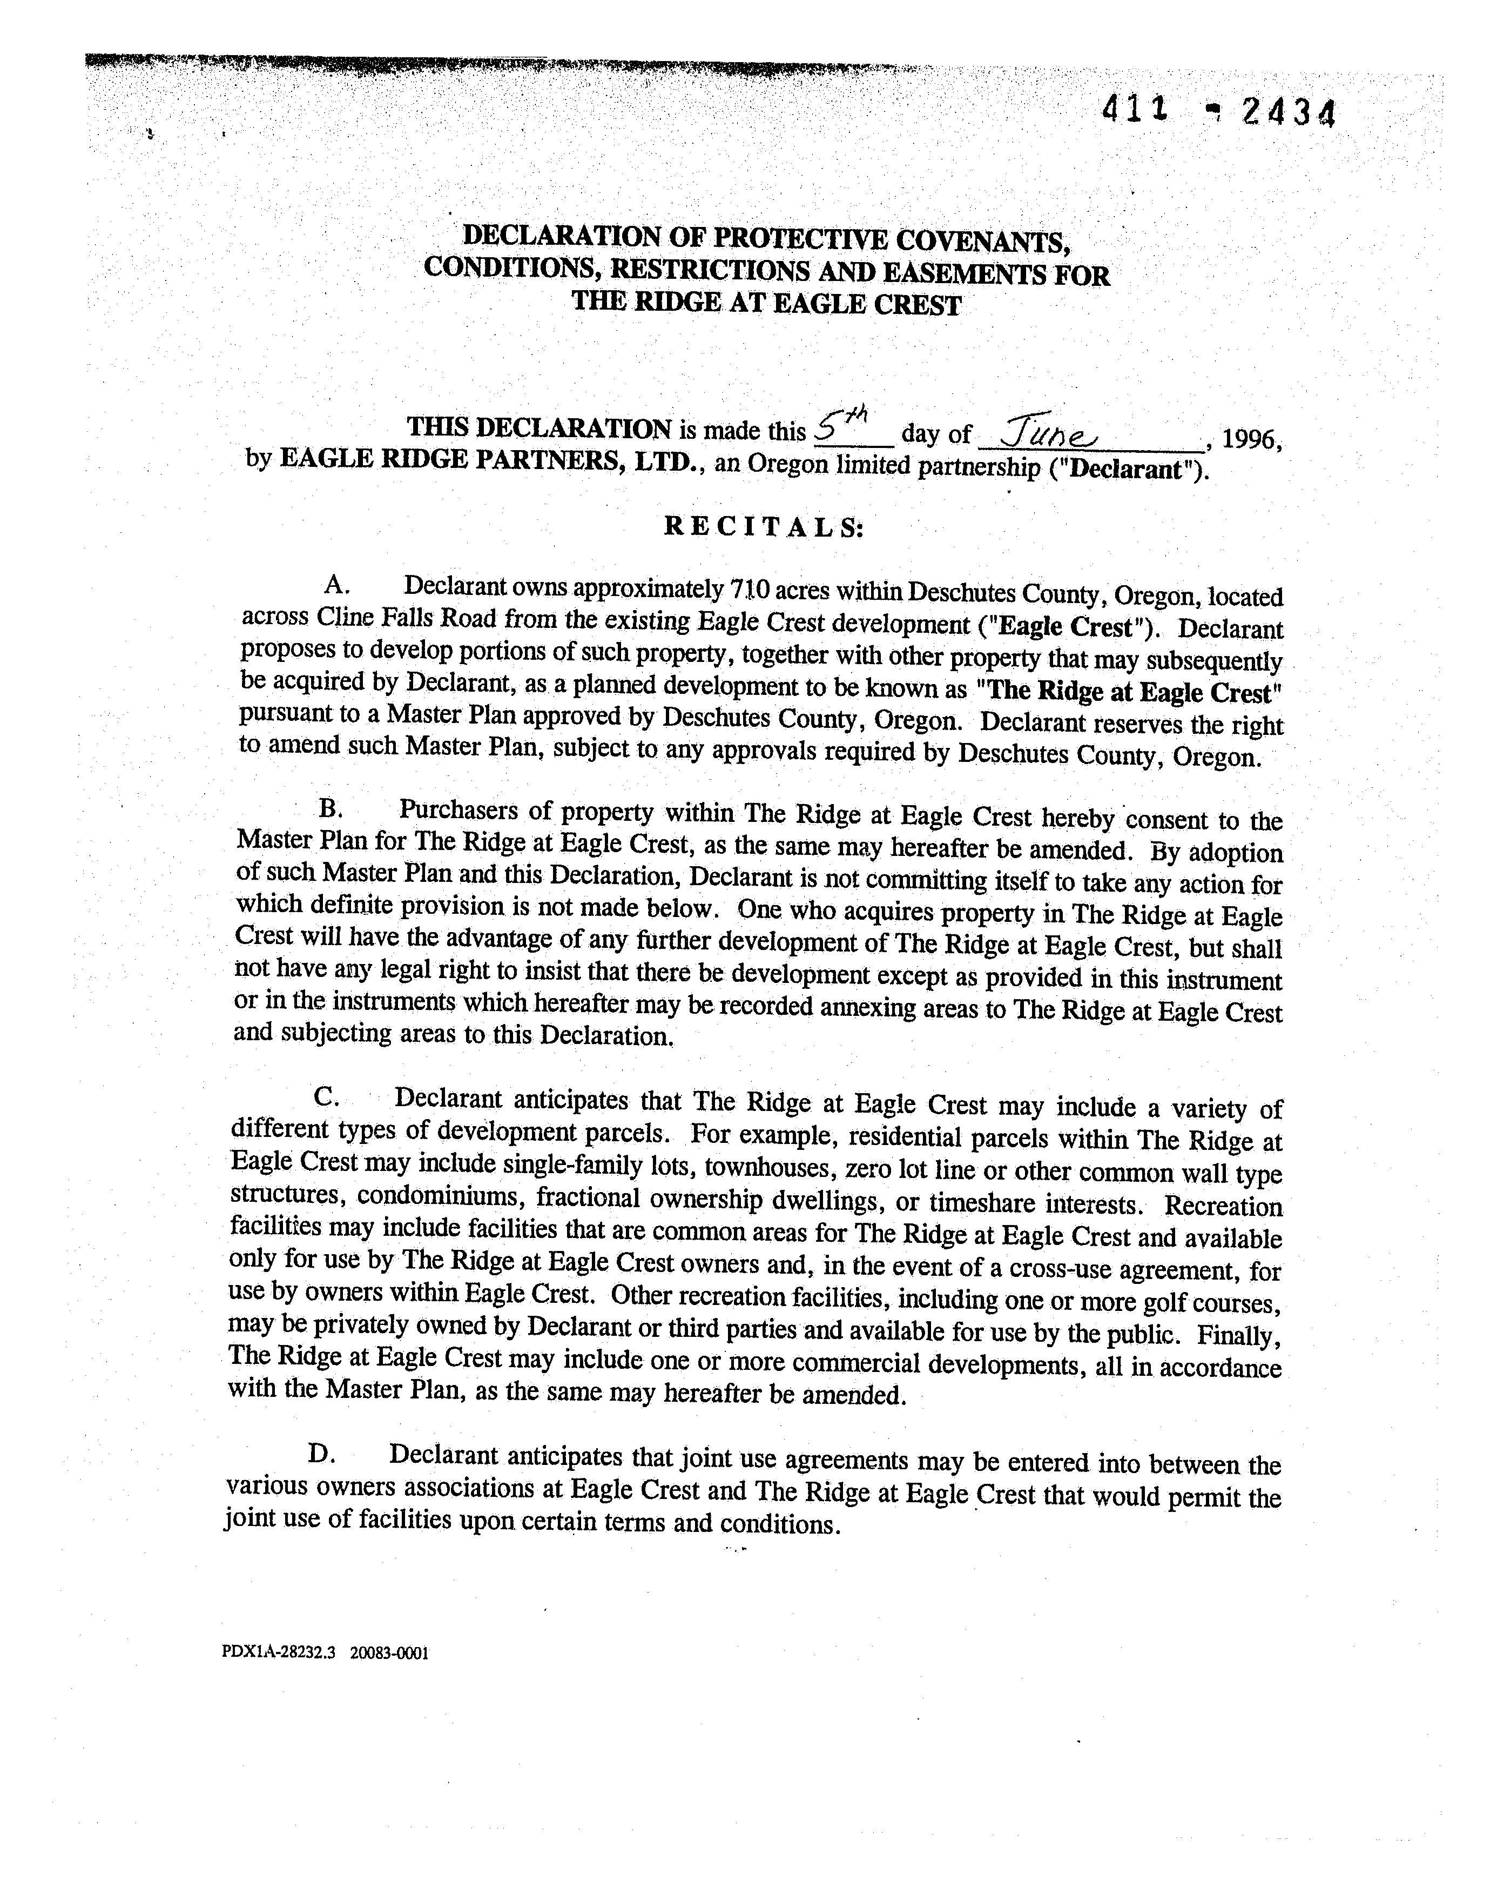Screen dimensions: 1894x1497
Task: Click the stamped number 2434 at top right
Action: [1289, 113]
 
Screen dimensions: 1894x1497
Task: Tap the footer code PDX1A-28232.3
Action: [279, 1654]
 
